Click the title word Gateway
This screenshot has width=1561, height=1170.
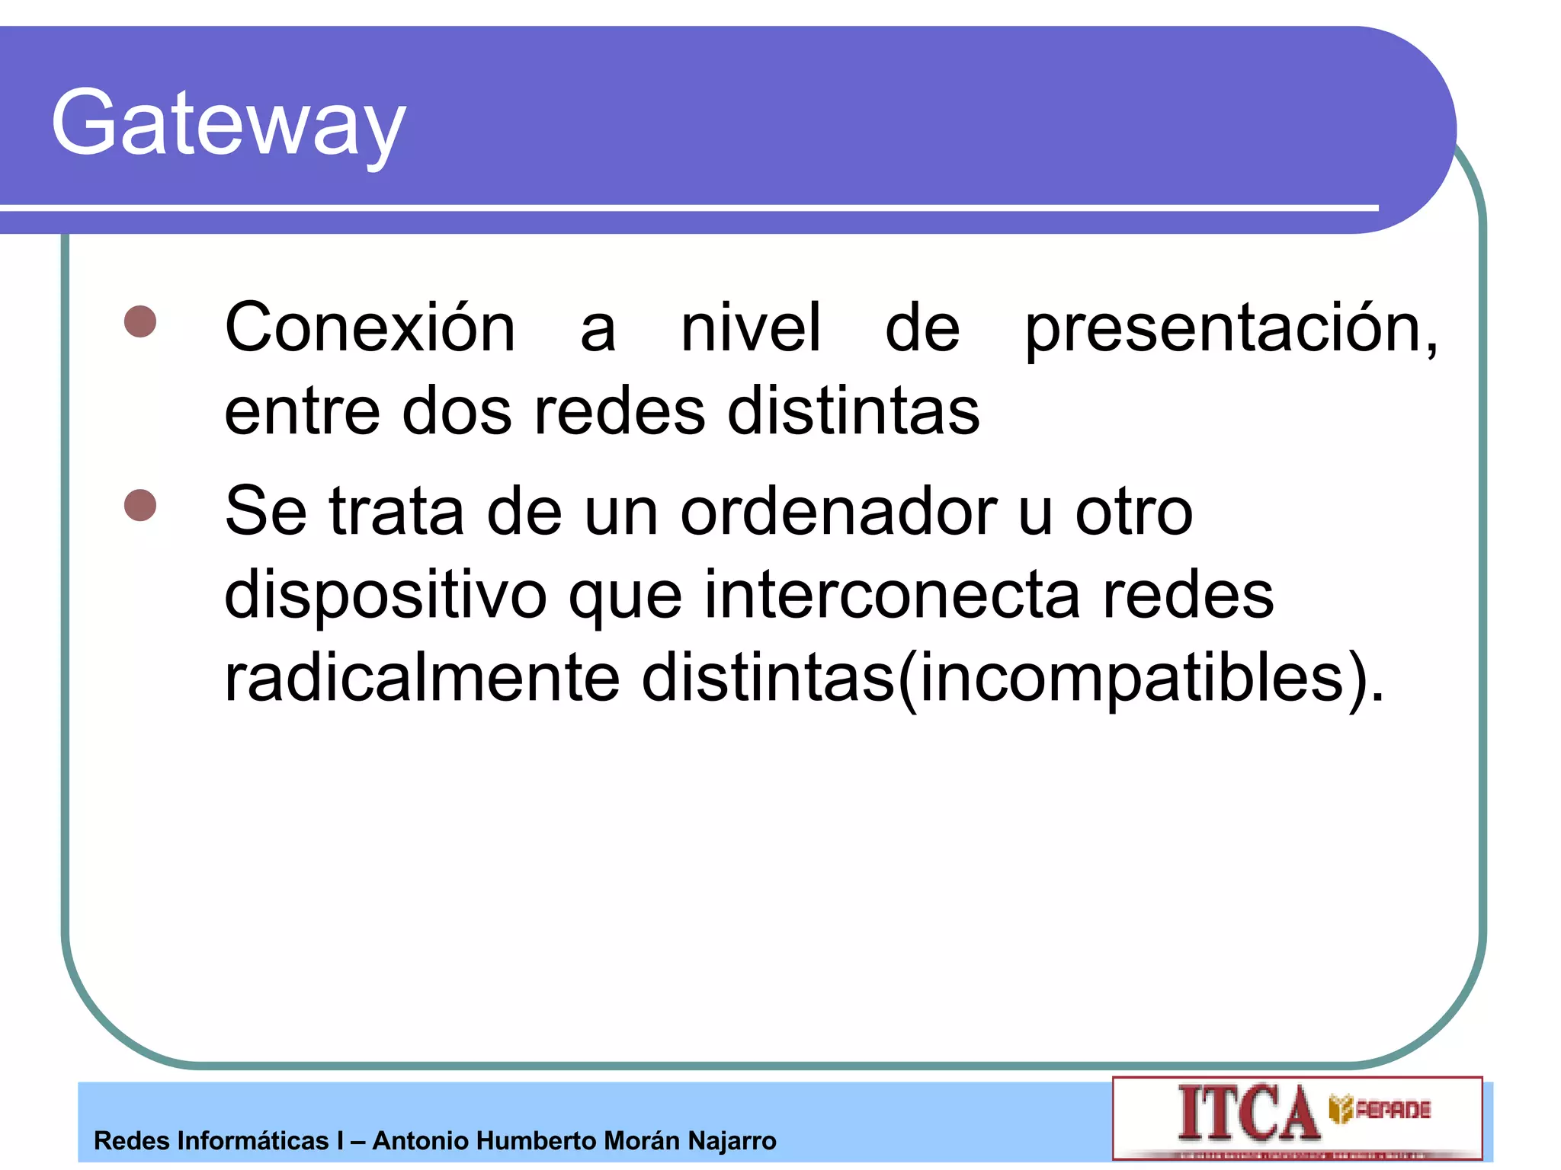(229, 123)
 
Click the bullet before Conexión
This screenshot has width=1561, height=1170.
(140, 321)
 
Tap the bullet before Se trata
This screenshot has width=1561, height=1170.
(140, 505)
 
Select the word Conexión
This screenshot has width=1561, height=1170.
(370, 328)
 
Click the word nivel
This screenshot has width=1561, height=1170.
(751, 328)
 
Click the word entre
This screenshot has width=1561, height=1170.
(302, 412)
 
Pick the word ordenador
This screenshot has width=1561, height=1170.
(838, 511)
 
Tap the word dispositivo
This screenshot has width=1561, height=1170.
(385, 595)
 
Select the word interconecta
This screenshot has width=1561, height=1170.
(892, 595)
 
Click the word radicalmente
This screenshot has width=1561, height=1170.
(422, 678)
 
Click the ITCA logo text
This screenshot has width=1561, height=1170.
(1248, 1114)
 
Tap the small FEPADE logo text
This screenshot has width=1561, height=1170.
(1392, 1110)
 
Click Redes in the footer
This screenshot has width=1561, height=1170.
(131, 1141)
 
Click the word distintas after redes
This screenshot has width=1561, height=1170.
(854, 412)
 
